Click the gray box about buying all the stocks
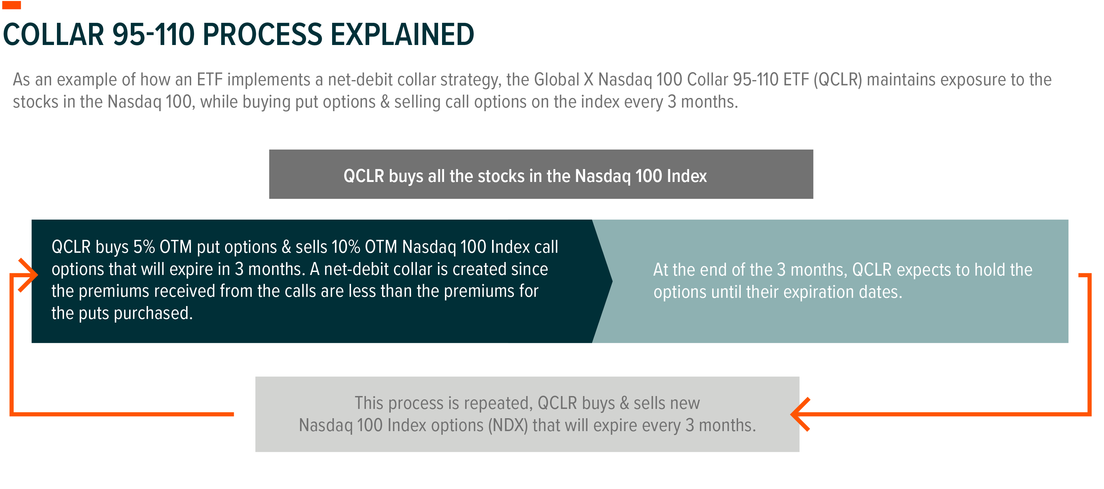[541, 174]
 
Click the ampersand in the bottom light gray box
[625, 403]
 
